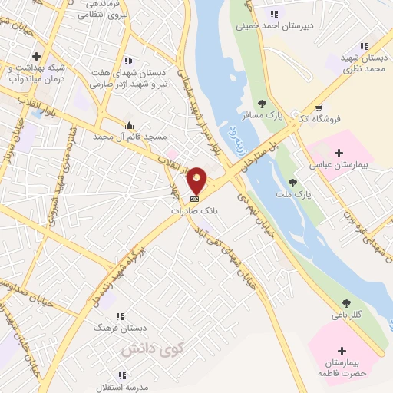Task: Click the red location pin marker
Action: (x=197, y=180)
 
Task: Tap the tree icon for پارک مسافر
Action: (x=262, y=104)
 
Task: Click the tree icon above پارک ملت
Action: (x=292, y=183)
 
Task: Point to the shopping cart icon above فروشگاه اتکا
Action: (x=318, y=107)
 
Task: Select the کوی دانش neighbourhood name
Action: (x=146, y=348)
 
